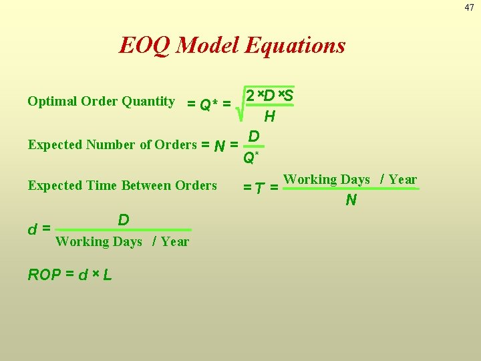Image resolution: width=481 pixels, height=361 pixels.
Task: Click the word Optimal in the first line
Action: (51, 102)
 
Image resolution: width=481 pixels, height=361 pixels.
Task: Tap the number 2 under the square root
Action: (250, 96)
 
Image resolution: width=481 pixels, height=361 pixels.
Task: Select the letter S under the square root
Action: (288, 96)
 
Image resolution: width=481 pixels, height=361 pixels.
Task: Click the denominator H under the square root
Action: (269, 117)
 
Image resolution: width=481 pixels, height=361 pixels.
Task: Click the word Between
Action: (148, 185)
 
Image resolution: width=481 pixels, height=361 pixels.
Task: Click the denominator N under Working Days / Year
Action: (351, 200)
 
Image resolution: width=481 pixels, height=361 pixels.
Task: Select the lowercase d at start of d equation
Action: (32, 229)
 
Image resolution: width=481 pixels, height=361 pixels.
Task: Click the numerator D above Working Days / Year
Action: (124, 220)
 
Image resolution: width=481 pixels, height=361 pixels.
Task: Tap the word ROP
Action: (44, 275)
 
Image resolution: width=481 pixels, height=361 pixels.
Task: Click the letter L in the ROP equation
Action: (106, 275)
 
